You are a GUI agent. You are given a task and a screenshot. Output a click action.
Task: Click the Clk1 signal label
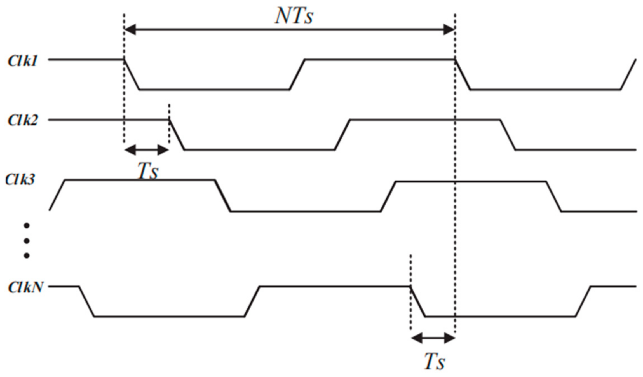pos(22,61)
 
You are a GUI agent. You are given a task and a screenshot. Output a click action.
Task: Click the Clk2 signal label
pos(22,120)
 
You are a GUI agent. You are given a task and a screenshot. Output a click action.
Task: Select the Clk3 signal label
pos(20,179)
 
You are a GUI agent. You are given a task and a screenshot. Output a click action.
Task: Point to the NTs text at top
pos(294,16)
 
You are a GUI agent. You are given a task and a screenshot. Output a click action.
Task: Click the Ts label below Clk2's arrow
pos(148,171)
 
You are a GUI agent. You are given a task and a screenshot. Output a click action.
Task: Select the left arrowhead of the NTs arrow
pos(130,29)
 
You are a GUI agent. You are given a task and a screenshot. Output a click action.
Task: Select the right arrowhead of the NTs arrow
pos(449,29)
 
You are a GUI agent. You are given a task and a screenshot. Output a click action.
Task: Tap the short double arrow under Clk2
pos(146,150)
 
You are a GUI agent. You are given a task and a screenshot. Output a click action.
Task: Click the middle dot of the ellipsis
pos(27,240)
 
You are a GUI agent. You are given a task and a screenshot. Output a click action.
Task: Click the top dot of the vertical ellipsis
pos(27,225)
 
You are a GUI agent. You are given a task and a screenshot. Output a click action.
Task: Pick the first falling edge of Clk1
pos(132,74)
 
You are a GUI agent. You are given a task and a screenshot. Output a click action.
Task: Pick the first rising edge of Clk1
pos(297,74)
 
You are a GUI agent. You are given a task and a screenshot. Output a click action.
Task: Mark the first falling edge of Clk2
pos(177,135)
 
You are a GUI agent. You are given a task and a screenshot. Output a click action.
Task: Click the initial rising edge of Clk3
pos(57,195)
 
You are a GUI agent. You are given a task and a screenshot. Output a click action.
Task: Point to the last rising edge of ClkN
pos(583,301)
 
